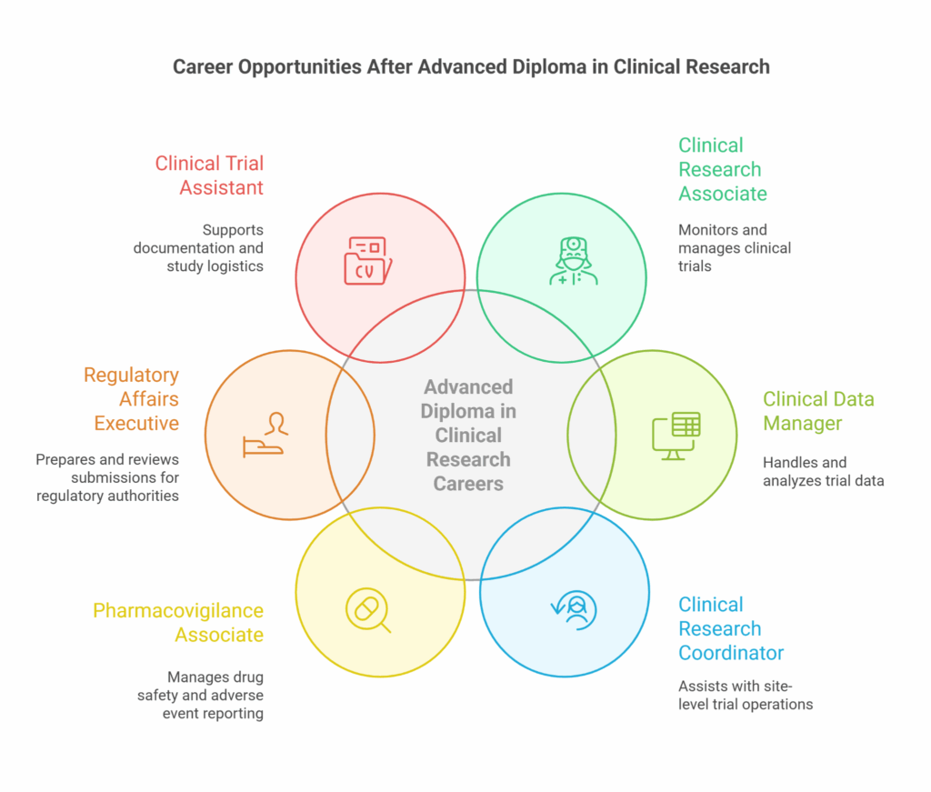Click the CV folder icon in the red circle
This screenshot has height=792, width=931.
pyautogui.click(x=368, y=260)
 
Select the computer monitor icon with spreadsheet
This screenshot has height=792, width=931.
pyautogui.click(x=676, y=436)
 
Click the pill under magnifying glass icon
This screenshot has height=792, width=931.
pyautogui.click(x=368, y=609)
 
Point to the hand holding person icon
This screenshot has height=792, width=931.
pyautogui.click(x=264, y=435)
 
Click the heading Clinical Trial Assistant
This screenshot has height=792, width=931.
pyautogui.click(x=210, y=175)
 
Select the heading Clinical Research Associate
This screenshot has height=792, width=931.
pyautogui.click(x=722, y=169)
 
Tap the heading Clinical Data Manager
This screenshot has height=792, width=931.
pyautogui.click(x=817, y=411)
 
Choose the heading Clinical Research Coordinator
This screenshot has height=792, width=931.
pyautogui.click(x=730, y=628)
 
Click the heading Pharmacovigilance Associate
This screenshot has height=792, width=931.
pyautogui.click(x=178, y=622)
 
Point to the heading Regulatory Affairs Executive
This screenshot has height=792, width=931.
pyautogui.click(x=132, y=399)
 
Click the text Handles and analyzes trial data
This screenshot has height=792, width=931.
pyautogui.click(x=822, y=472)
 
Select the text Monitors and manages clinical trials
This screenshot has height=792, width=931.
pyautogui.click(x=734, y=247)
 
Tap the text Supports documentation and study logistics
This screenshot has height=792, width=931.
pyautogui.click(x=199, y=247)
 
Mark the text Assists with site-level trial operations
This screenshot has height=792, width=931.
pyautogui.click(x=745, y=695)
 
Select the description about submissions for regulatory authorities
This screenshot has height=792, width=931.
pyautogui.click(x=108, y=477)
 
